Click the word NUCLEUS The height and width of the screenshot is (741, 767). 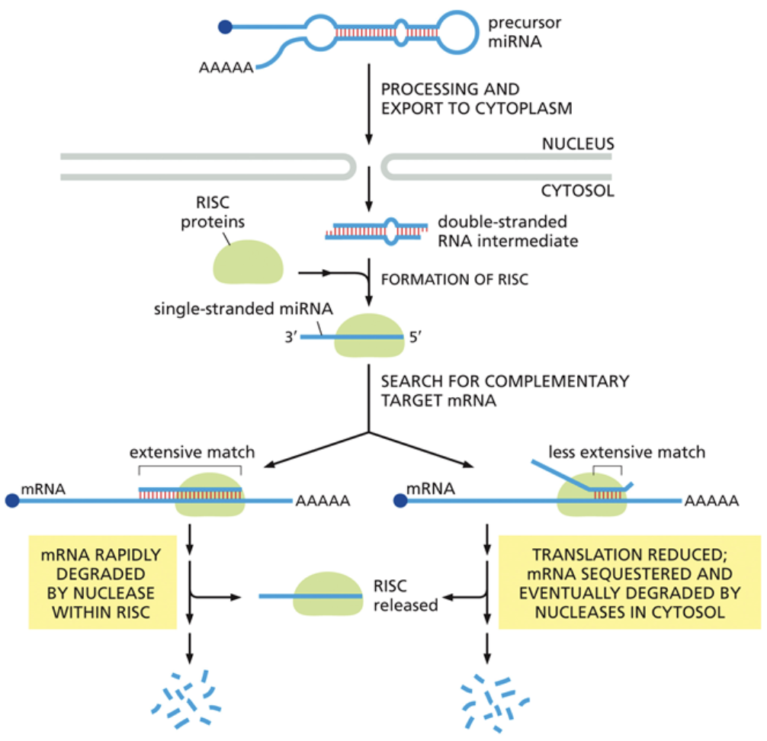tap(577, 143)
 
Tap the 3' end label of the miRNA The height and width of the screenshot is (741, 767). tap(289, 335)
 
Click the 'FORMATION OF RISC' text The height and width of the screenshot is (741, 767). tap(454, 279)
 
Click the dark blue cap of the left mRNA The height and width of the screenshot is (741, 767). tap(12, 501)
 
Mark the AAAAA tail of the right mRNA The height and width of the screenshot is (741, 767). tap(711, 501)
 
